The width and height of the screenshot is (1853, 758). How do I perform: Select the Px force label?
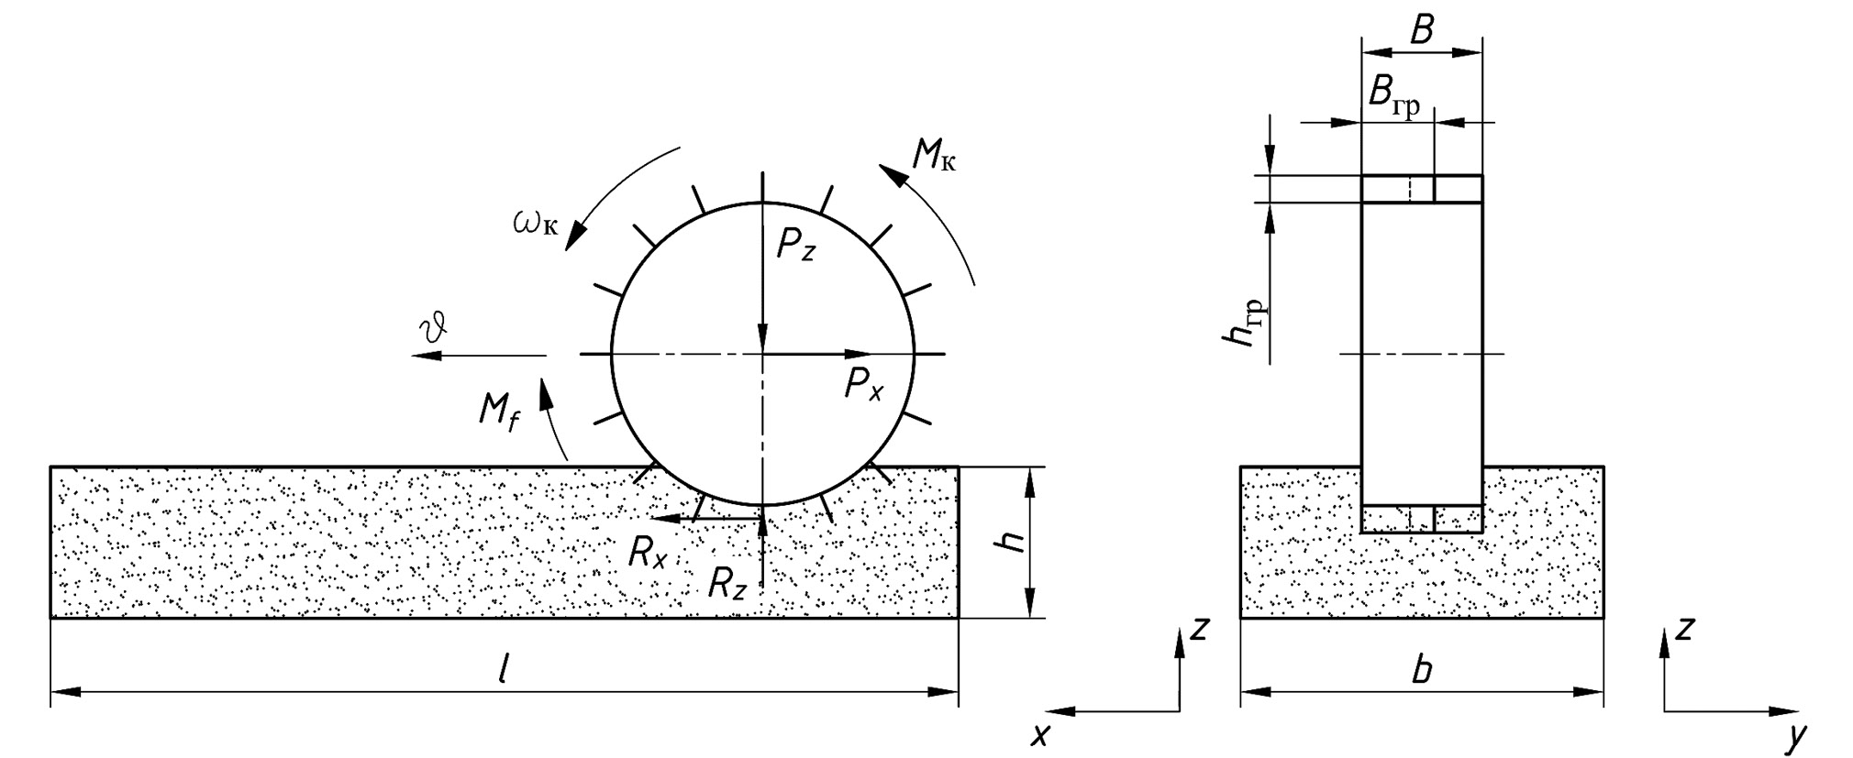coord(863,384)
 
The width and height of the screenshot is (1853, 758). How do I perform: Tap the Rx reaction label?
coord(648,552)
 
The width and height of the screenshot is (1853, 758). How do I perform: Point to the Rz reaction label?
coord(727,584)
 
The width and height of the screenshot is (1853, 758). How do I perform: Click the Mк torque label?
coord(934,157)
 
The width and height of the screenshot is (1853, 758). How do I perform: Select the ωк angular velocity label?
coord(536,222)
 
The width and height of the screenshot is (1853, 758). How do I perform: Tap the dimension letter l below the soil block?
coord(503,672)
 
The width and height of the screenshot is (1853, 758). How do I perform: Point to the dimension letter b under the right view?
coord(1421,670)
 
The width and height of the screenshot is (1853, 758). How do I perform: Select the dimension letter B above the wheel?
coord(1421,31)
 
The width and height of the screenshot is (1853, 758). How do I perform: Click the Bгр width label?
coord(1393,95)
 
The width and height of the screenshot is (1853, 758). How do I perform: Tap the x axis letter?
coord(1039,734)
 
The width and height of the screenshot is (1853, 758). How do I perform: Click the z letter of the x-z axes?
coord(1199,629)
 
